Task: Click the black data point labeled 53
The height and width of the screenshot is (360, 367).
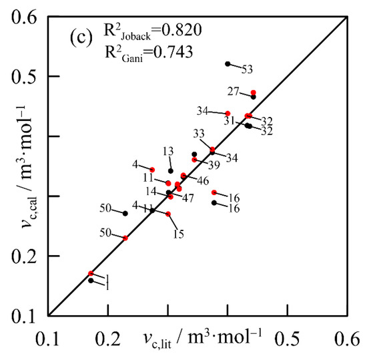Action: click(228, 64)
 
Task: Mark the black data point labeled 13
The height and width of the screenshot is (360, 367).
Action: click(171, 171)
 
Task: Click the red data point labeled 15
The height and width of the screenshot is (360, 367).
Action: click(168, 214)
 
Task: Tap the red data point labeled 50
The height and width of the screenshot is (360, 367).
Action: click(125, 238)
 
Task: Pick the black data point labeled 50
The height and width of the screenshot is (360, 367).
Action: click(125, 214)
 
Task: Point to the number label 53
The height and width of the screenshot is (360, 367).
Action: click(248, 69)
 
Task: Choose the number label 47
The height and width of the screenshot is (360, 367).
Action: click(189, 198)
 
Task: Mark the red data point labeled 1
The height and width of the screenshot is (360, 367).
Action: click(91, 273)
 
